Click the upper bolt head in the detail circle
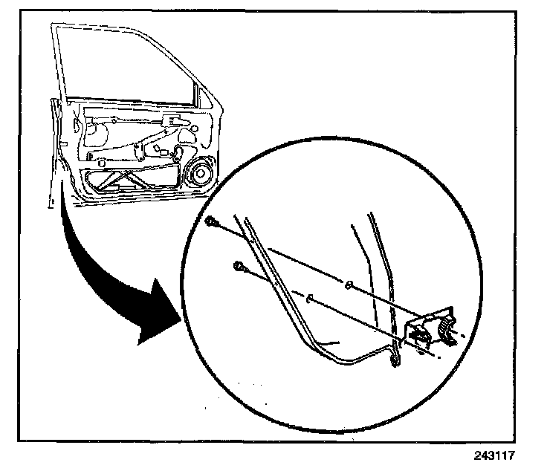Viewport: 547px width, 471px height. point(213,221)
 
